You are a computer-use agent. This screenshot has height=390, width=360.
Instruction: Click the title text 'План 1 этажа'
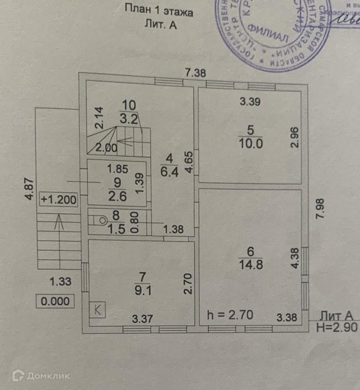158,9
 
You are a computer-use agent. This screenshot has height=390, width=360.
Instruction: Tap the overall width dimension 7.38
195,72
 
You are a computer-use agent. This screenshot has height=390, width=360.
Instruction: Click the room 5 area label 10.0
249,143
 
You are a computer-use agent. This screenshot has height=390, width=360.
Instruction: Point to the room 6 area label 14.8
250,265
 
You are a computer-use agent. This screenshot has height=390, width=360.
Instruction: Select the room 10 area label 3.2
128,118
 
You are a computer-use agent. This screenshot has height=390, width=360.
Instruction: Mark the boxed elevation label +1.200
58,199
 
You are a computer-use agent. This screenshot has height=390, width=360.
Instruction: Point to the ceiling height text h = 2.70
230,314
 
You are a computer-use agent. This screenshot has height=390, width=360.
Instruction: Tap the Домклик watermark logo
41,375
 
